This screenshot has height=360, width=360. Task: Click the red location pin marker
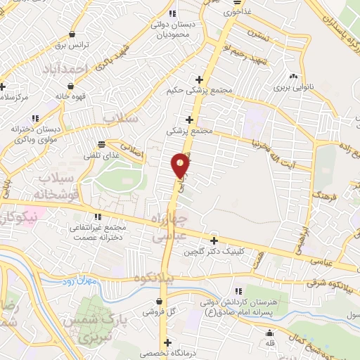[181, 165]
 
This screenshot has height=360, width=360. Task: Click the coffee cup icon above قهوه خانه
[72, 85]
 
